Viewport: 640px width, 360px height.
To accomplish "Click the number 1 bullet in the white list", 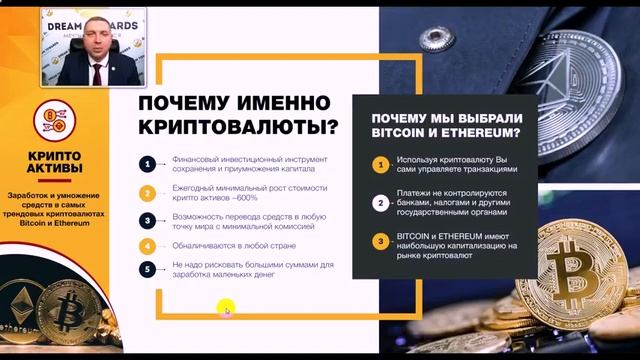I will click(x=147, y=164).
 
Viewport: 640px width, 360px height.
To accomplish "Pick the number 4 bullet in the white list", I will click(x=147, y=245).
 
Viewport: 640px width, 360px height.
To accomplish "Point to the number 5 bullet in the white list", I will click(x=147, y=268).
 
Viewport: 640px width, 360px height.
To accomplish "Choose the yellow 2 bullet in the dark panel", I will click(x=380, y=201).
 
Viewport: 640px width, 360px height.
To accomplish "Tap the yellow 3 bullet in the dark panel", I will click(x=380, y=240).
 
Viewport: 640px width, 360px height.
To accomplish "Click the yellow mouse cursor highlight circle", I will click(x=226, y=309).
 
